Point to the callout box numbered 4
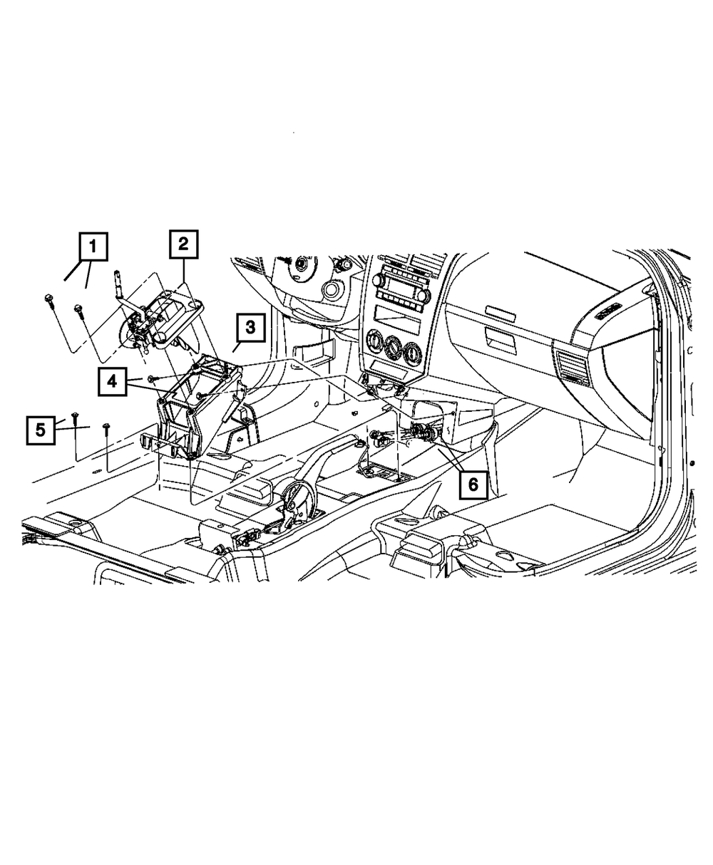(x=113, y=383)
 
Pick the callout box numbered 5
(x=41, y=430)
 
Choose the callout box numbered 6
(x=473, y=485)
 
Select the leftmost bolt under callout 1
(x=48, y=299)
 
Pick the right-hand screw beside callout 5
(x=106, y=427)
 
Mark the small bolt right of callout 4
(x=152, y=378)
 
